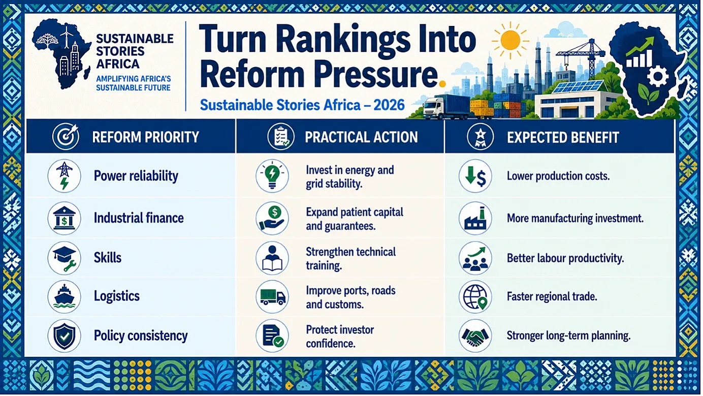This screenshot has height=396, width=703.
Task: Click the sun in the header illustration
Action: pyautogui.click(x=510, y=41)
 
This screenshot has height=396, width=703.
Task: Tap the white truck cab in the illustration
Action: pyautogui.click(x=434, y=107)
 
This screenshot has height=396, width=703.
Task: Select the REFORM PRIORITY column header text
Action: pyautogui.click(x=146, y=137)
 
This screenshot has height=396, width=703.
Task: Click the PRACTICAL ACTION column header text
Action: pyautogui.click(x=361, y=137)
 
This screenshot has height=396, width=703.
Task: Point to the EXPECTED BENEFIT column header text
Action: pyautogui.click(x=563, y=137)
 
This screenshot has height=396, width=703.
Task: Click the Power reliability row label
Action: pyautogui.click(x=136, y=176)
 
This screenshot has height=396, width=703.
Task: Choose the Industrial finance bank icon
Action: pyautogui.click(x=65, y=218)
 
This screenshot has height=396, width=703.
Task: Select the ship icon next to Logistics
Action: pyautogui.click(x=65, y=296)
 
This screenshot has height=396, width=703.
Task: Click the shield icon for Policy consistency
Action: pyautogui.click(x=65, y=336)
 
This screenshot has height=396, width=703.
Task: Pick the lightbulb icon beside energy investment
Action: pyautogui.click(x=272, y=176)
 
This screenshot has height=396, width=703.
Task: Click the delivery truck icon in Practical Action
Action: pyautogui.click(x=272, y=296)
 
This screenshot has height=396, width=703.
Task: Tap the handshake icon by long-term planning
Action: pyautogui.click(x=475, y=336)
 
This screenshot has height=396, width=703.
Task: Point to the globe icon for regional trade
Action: pyautogui.click(x=475, y=296)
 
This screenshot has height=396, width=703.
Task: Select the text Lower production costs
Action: pyautogui.click(x=558, y=176)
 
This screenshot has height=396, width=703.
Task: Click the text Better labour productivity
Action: pyautogui.click(x=565, y=258)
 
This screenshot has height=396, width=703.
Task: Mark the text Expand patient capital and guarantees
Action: pyautogui.click(x=355, y=219)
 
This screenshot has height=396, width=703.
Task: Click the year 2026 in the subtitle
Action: pyautogui.click(x=389, y=105)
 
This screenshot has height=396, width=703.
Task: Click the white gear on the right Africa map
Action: pyautogui.click(x=658, y=76)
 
